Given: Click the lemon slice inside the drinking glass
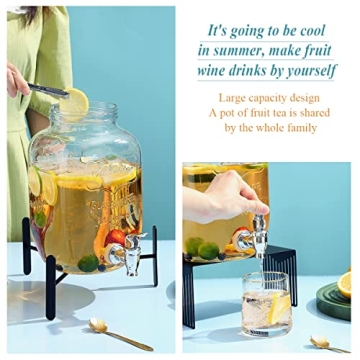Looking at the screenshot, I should coord(279,309).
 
